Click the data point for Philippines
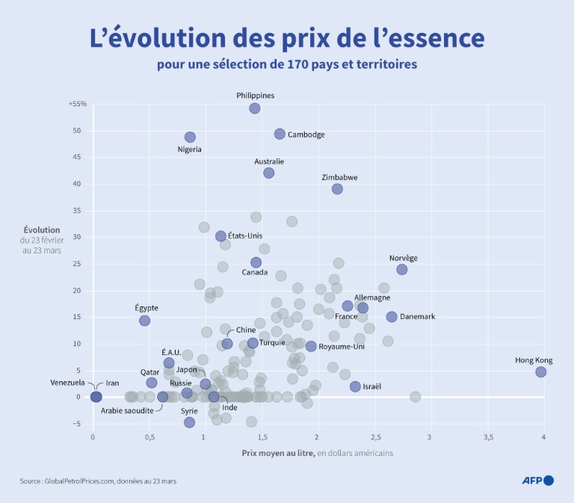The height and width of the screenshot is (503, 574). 255,108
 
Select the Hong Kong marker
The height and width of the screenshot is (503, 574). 541,371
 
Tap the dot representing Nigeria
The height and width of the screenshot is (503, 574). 190,137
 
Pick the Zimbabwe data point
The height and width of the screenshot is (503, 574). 337,189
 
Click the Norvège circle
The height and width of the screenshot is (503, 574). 402,269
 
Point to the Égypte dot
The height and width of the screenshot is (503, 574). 145,321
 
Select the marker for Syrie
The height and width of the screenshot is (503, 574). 190,422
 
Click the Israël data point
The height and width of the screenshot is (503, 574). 355,386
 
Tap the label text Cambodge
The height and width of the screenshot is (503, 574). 306,135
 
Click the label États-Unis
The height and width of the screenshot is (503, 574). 245,236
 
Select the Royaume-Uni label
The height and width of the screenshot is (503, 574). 342,347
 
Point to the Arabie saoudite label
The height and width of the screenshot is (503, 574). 127,410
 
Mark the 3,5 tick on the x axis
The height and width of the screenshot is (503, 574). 487,436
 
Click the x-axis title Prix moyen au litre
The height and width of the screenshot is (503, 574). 277,453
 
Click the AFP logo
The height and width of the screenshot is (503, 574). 537,481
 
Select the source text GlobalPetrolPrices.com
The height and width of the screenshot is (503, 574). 87,481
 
